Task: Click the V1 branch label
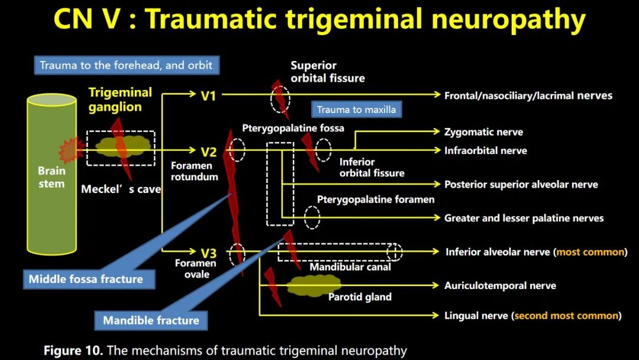tap(208, 96)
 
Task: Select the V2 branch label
tap(209, 152)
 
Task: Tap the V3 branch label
tap(209, 253)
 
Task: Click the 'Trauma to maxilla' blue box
tap(356, 110)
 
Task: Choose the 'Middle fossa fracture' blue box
tap(89, 279)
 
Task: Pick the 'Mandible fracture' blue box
tap(151, 320)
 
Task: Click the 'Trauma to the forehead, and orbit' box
tap(127, 65)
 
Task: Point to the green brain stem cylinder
tap(51, 175)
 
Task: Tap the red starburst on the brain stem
tap(70, 150)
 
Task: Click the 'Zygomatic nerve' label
tap(484, 132)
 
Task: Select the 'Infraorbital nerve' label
tap(486, 151)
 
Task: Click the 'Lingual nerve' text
tap(476, 316)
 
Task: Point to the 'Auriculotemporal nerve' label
tap(500, 286)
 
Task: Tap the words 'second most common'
tap(566, 316)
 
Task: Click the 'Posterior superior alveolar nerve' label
tap(521, 185)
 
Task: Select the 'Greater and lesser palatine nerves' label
tap(524, 218)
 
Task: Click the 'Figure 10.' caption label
tap(73, 351)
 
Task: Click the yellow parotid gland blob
tap(313, 285)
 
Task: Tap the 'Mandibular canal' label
tap(350, 267)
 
